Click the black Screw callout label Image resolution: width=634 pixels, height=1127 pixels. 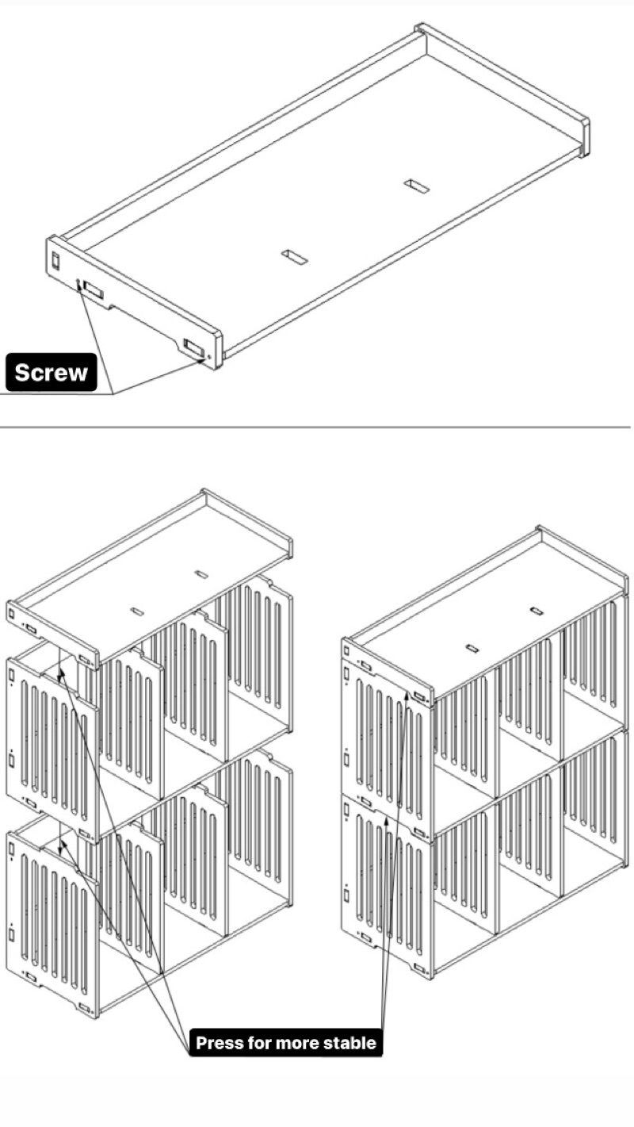[x=52, y=372]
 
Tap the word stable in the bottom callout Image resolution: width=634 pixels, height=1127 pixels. [x=350, y=1042]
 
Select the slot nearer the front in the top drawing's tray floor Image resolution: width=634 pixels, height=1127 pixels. [x=293, y=257]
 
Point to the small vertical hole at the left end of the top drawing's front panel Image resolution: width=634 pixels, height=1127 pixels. [x=55, y=259]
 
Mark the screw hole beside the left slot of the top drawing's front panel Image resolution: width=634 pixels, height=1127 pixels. [x=78, y=282]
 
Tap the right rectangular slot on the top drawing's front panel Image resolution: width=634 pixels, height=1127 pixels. [x=193, y=346]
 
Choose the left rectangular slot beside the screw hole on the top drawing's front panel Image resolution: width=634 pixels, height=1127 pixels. [x=93, y=289]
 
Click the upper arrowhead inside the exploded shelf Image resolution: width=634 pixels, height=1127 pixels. [x=60, y=674]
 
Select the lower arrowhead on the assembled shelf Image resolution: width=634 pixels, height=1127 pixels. [x=386, y=821]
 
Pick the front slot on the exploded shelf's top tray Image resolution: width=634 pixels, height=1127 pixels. [x=137, y=611]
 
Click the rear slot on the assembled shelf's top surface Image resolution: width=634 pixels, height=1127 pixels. [x=536, y=611]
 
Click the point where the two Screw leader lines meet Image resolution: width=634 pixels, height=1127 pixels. [x=113, y=393]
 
